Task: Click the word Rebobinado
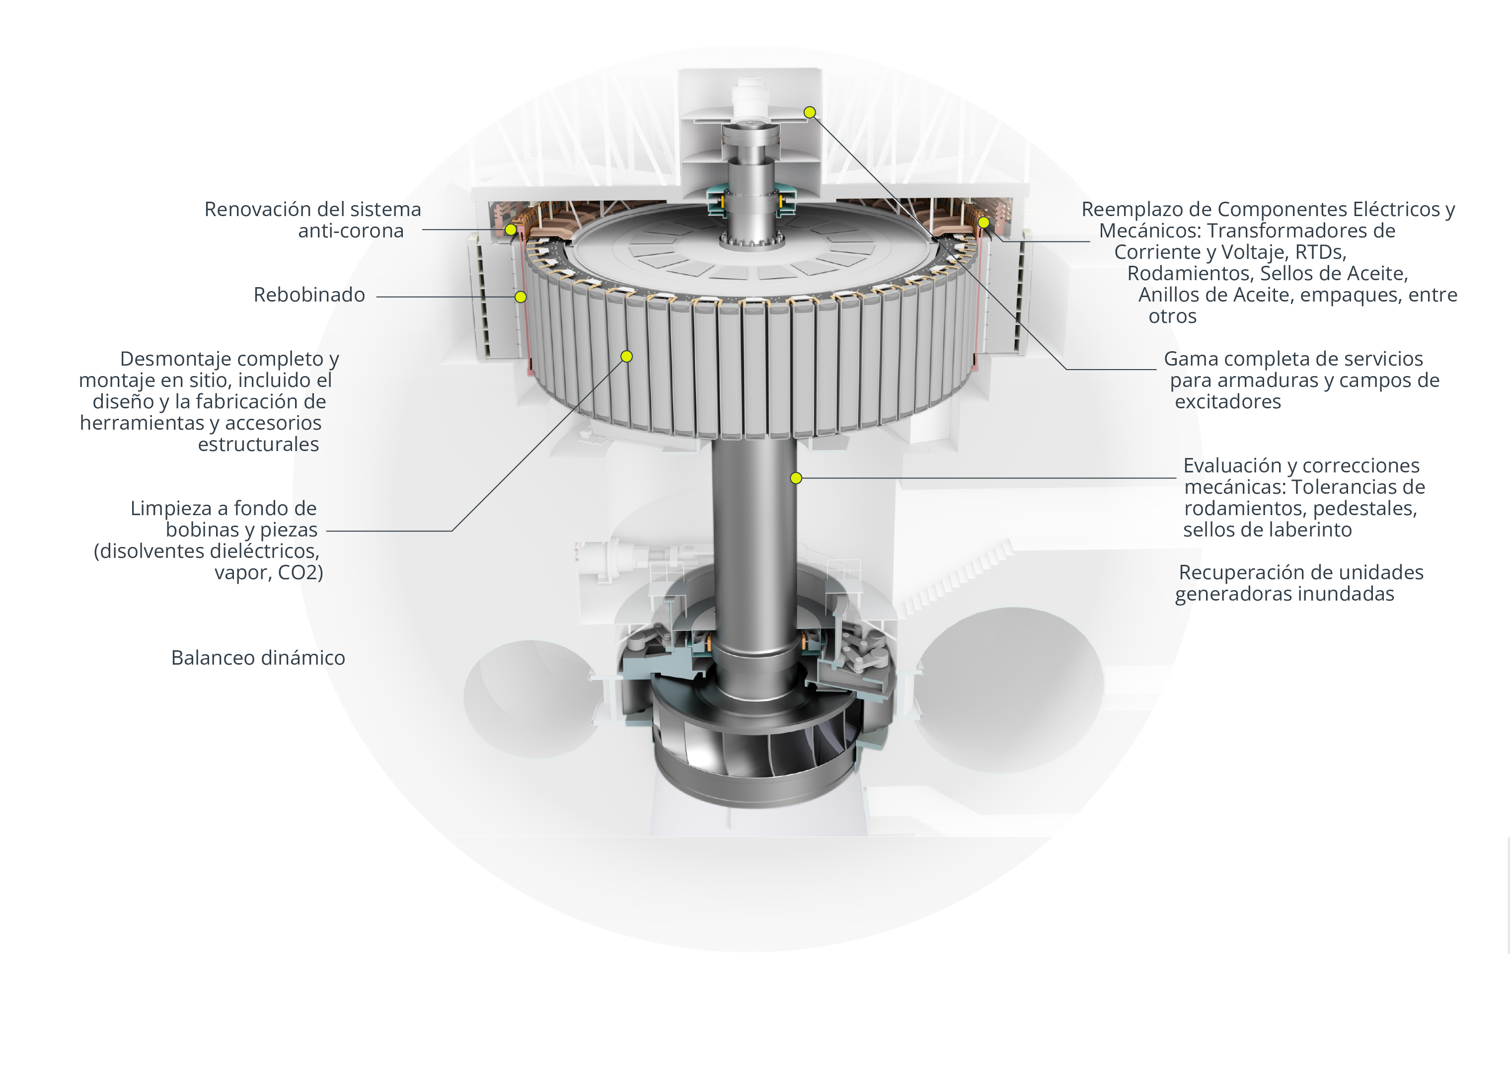coord(309,295)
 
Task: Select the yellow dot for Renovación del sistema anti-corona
coord(511,230)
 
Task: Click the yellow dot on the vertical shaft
coord(796,478)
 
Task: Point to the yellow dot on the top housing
coord(810,112)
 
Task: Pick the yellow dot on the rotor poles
coord(627,357)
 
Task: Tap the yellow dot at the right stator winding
coord(983,223)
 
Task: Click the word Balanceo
coord(213,658)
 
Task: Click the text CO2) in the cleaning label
coord(301,573)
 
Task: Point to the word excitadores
coord(1227,402)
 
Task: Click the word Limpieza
coord(172,509)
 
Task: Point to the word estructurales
coord(258,445)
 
